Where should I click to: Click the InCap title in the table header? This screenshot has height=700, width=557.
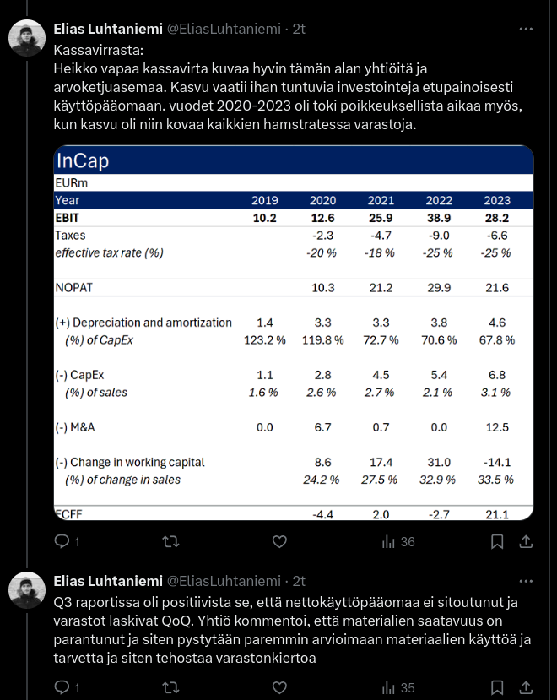coord(83,161)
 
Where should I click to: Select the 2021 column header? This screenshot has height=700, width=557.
coord(381,201)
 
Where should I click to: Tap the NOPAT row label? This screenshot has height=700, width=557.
coord(73,288)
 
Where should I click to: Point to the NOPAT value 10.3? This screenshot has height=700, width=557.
coord(323,288)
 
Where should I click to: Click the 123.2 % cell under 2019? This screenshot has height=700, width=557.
coord(264,339)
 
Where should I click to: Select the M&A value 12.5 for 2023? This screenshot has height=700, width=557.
coord(496,427)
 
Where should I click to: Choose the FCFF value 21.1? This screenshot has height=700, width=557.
coord(496,514)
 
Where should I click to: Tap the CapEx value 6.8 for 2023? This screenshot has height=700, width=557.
coord(498,375)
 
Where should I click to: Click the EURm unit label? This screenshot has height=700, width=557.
coord(71,183)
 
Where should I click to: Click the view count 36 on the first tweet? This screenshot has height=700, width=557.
coord(408,542)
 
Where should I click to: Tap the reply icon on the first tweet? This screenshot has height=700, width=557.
coord(62,542)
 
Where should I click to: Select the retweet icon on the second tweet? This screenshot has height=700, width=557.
coord(170,686)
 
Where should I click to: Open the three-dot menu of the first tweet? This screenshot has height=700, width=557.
coord(526,29)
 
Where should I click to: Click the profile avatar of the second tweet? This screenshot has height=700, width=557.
coord(26,589)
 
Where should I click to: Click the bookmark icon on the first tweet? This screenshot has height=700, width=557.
coord(498,542)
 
